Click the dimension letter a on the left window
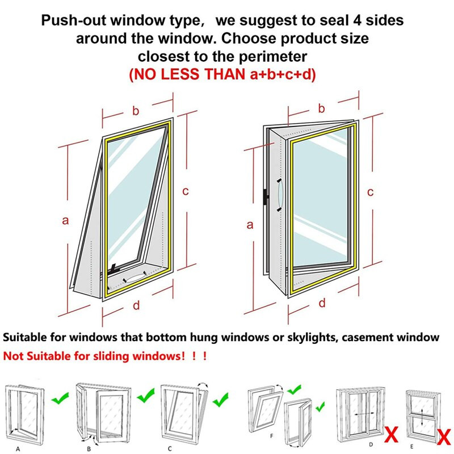click(65, 221)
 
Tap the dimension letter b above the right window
click(321, 108)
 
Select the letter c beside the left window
click(186, 191)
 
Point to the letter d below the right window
click(322, 303)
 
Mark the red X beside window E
click(444, 437)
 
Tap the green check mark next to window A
click(60, 398)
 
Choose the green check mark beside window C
click(221, 400)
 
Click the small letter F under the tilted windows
click(272, 436)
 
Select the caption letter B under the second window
click(89, 449)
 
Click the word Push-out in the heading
click(74, 20)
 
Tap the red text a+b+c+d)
click(283, 74)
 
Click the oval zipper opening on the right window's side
click(280, 195)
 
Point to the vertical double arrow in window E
click(422, 417)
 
